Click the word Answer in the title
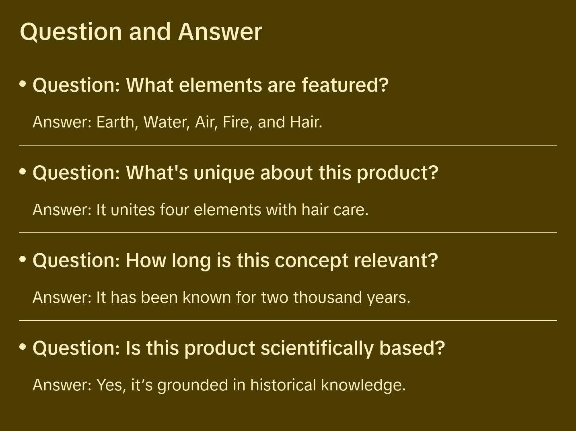[220, 32]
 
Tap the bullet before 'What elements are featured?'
[23, 84]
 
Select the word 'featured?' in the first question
[345, 85]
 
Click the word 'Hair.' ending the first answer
[306, 122]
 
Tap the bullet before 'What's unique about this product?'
[23, 172]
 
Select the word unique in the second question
[224, 173]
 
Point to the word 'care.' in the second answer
[351, 210]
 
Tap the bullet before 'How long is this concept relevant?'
[23, 259]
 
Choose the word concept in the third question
[311, 261]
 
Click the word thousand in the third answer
[327, 297]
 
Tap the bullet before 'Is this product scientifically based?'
[23, 347]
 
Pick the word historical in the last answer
[283, 385]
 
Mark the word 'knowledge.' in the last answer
[363, 386]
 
